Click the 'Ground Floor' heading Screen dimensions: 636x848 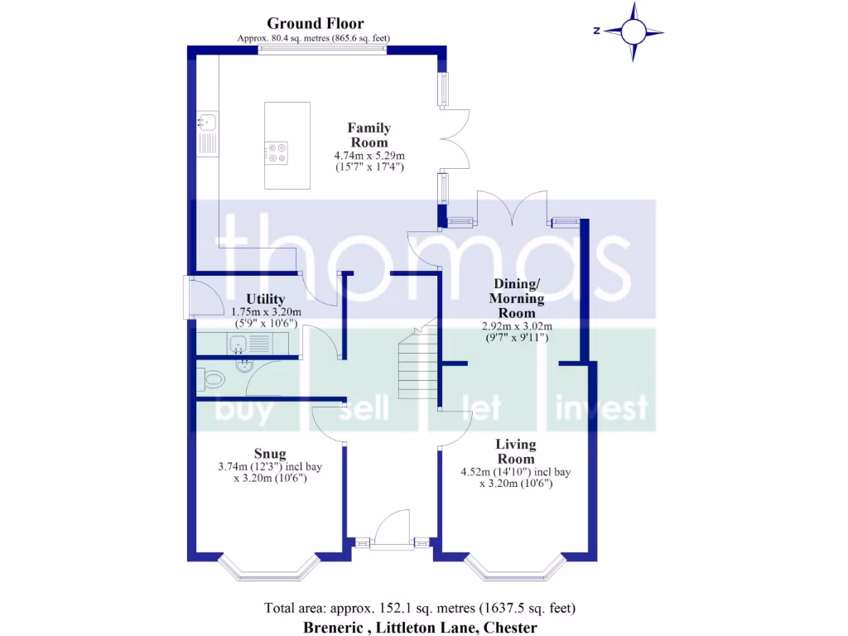[315, 23]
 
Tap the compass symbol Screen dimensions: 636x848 [634, 31]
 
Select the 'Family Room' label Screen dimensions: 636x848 [369, 135]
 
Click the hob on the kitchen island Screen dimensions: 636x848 [277, 152]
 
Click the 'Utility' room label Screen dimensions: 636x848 [266, 299]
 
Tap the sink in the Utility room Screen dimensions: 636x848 [238, 344]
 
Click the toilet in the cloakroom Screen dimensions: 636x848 [213, 380]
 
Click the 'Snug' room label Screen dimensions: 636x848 [270, 453]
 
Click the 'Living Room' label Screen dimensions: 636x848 [515, 451]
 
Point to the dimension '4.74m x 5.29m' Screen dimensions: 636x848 [369, 156]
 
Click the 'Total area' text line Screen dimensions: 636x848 [419, 608]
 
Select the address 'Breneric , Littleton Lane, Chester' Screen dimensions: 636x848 [419, 628]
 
